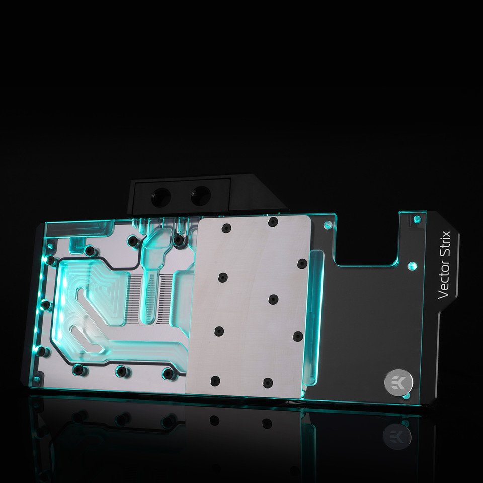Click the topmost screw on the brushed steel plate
click(273, 222)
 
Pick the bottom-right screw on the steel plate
click(267, 382)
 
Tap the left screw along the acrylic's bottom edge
click(79, 369)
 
